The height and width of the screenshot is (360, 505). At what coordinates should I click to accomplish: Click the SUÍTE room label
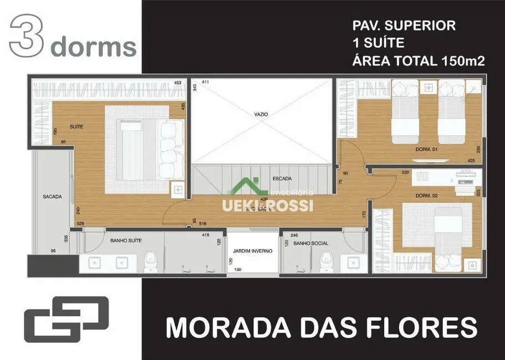point(77,127)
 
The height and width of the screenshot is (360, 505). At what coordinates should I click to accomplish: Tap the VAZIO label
point(261,114)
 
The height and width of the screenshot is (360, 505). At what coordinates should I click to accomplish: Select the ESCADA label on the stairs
point(282,178)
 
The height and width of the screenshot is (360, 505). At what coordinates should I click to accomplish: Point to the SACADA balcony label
point(52,197)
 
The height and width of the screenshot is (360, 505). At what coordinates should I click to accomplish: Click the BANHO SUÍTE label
point(126,240)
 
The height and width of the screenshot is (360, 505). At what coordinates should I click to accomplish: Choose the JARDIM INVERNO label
point(252,251)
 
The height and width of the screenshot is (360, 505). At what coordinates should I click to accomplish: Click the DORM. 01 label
point(427,150)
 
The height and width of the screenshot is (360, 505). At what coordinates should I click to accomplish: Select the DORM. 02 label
point(427,196)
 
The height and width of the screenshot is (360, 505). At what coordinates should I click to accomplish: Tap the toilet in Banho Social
point(326,260)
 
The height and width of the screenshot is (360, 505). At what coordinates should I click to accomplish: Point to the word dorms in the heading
point(93,47)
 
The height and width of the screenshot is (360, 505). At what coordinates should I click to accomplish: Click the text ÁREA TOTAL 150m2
point(419,61)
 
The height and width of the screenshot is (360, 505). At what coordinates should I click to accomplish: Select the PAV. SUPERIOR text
point(404,25)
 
